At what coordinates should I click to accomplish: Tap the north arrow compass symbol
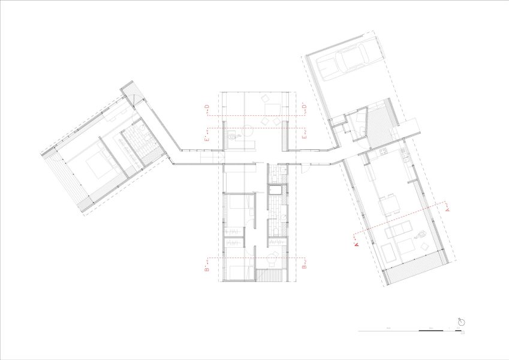460,322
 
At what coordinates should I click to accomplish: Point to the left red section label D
207,108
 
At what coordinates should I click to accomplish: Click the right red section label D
304,108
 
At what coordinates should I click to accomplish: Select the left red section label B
207,270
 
